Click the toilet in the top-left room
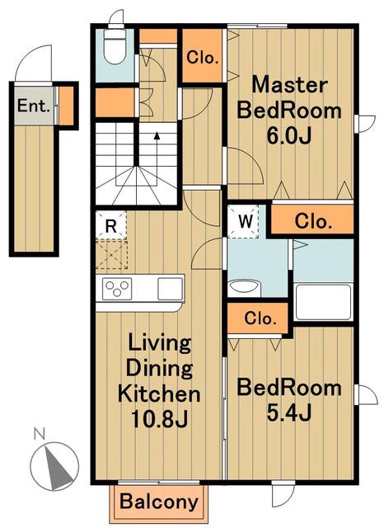(x=115, y=46)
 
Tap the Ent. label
(x=34, y=106)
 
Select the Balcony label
(x=159, y=502)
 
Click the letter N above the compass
(x=40, y=434)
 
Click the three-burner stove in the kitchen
(x=117, y=289)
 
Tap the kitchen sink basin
(x=170, y=289)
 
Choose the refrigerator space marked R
(x=111, y=225)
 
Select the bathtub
(x=323, y=302)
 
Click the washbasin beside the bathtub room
(x=244, y=288)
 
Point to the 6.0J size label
(x=289, y=136)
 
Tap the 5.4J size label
(x=289, y=412)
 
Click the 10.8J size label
(x=159, y=419)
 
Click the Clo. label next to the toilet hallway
(x=203, y=58)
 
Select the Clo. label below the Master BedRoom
(x=312, y=221)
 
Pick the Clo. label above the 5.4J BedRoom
(x=260, y=318)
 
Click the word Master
(x=289, y=85)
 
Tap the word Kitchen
(x=159, y=394)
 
